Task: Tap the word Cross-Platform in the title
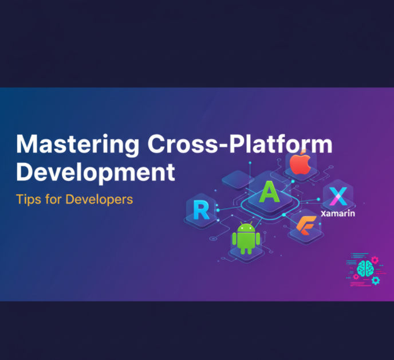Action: [x=240, y=143]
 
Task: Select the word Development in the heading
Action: [x=96, y=173]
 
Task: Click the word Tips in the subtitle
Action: [x=29, y=199]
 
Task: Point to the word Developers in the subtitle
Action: [x=99, y=199]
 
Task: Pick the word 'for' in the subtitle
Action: [x=53, y=199]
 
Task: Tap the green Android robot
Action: [x=246, y=238]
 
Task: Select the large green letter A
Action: [x=269, y=192]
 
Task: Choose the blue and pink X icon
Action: [x=338, y=196]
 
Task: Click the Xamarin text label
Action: [x=338, y=214]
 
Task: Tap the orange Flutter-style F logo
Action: [x=306, y=225]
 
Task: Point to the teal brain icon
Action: [x=365, y=269]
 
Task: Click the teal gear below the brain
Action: [x=376, y=280]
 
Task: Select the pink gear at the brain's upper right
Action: [x=375, y=260]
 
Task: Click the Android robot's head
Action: [x=246, y=227]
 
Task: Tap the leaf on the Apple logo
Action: [x=304, y=152]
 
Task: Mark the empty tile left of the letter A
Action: [x=237, y=179]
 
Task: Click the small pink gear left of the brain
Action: [x=356, y=277]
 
